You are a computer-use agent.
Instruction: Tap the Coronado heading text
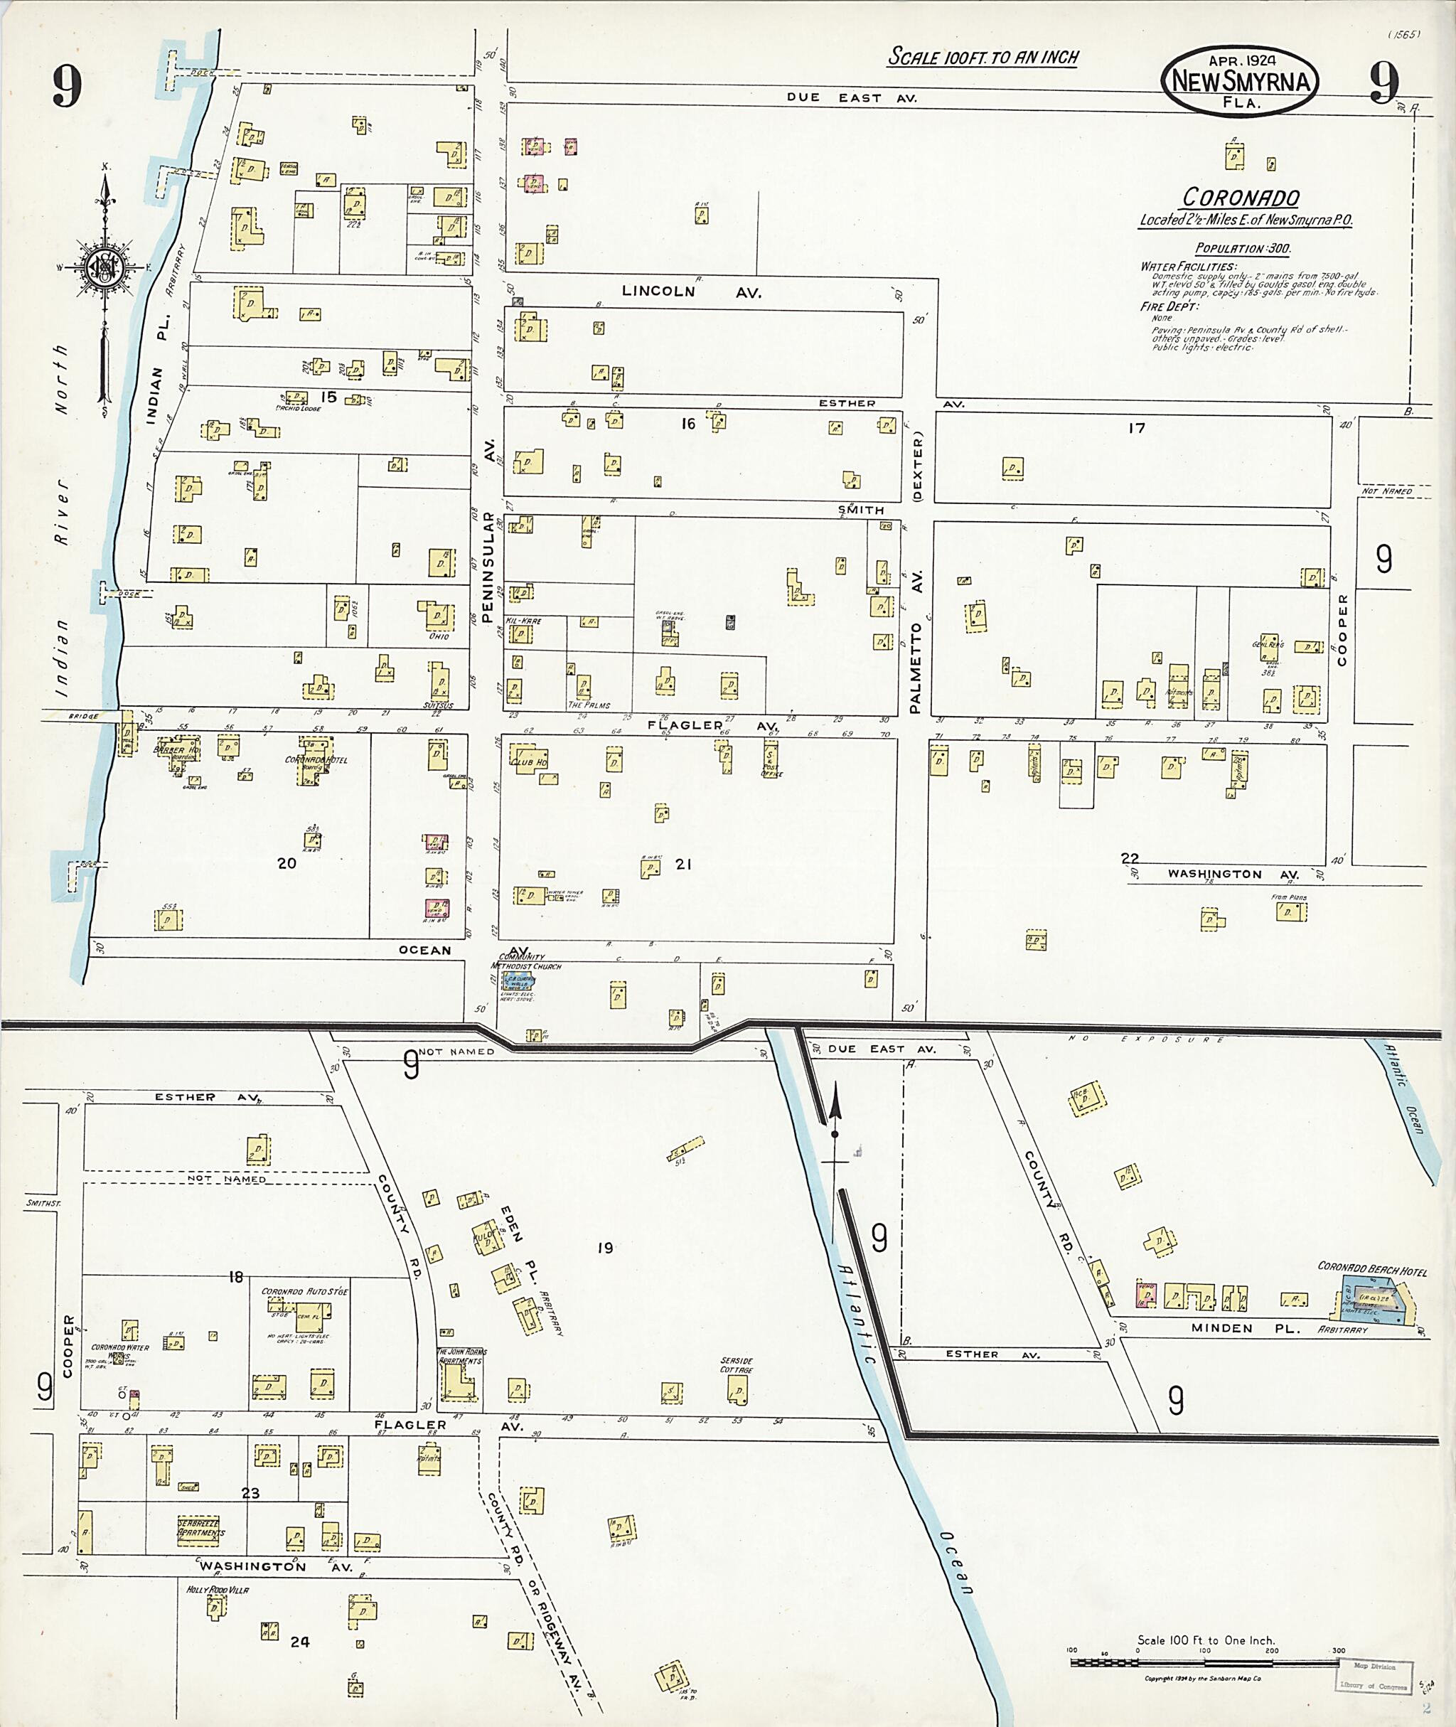(x=1241, y=198)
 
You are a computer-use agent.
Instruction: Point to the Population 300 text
(x=1243, y=248)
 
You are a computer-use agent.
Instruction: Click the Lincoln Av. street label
(x=692, y=292)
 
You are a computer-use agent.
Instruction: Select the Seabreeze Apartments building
(x=200, y=1529)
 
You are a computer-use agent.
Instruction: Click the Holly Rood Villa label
(x=218, y=1589)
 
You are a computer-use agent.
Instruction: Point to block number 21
(x=682, y=865)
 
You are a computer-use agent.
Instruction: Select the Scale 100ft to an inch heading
(x=983, y=57)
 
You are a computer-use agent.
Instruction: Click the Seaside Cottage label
(x=737, y=1365)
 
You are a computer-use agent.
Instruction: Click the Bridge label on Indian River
(x=83, y=717)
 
